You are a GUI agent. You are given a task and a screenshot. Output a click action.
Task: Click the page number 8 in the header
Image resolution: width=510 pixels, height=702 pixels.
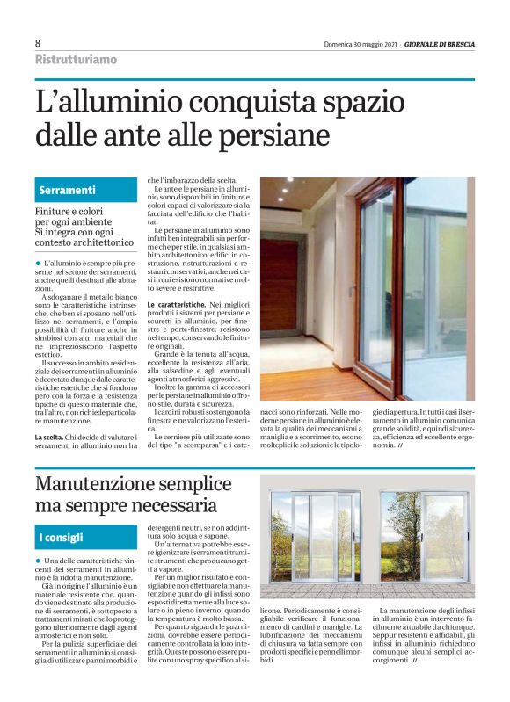[x=38, y=43]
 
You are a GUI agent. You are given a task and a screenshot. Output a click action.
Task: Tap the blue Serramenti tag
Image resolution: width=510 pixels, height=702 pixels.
[x=68, y=191]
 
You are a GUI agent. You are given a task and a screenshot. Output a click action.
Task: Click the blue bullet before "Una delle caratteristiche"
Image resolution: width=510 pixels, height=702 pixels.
[x=38, y=560]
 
